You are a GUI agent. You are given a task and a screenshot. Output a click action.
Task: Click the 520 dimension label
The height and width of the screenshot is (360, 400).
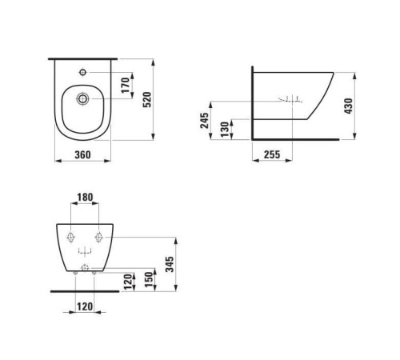[x=147, y=99]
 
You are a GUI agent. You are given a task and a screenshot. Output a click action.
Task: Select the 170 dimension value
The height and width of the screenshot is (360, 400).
[x=126, y=85]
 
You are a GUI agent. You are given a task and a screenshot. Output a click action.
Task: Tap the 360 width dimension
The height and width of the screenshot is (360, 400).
[x=82, y=154]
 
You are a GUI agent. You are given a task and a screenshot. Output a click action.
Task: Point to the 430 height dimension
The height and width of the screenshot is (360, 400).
[x=348, y=106]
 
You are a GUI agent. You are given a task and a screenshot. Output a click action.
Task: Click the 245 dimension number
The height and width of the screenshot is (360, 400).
[x=205, y=121]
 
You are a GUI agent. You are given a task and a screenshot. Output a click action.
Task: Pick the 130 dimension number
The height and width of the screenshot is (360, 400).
[x=225, y=130]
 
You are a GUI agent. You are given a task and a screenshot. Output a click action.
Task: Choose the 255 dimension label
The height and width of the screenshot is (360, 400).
[x=272, y=154]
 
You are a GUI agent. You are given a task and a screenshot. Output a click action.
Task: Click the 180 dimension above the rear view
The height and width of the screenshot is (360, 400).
[x=85, y=198]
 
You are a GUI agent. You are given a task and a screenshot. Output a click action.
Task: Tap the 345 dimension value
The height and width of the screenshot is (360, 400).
[x=170, y=264]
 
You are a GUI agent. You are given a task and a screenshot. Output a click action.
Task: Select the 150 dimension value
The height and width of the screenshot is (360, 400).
[x=149, y=279]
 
